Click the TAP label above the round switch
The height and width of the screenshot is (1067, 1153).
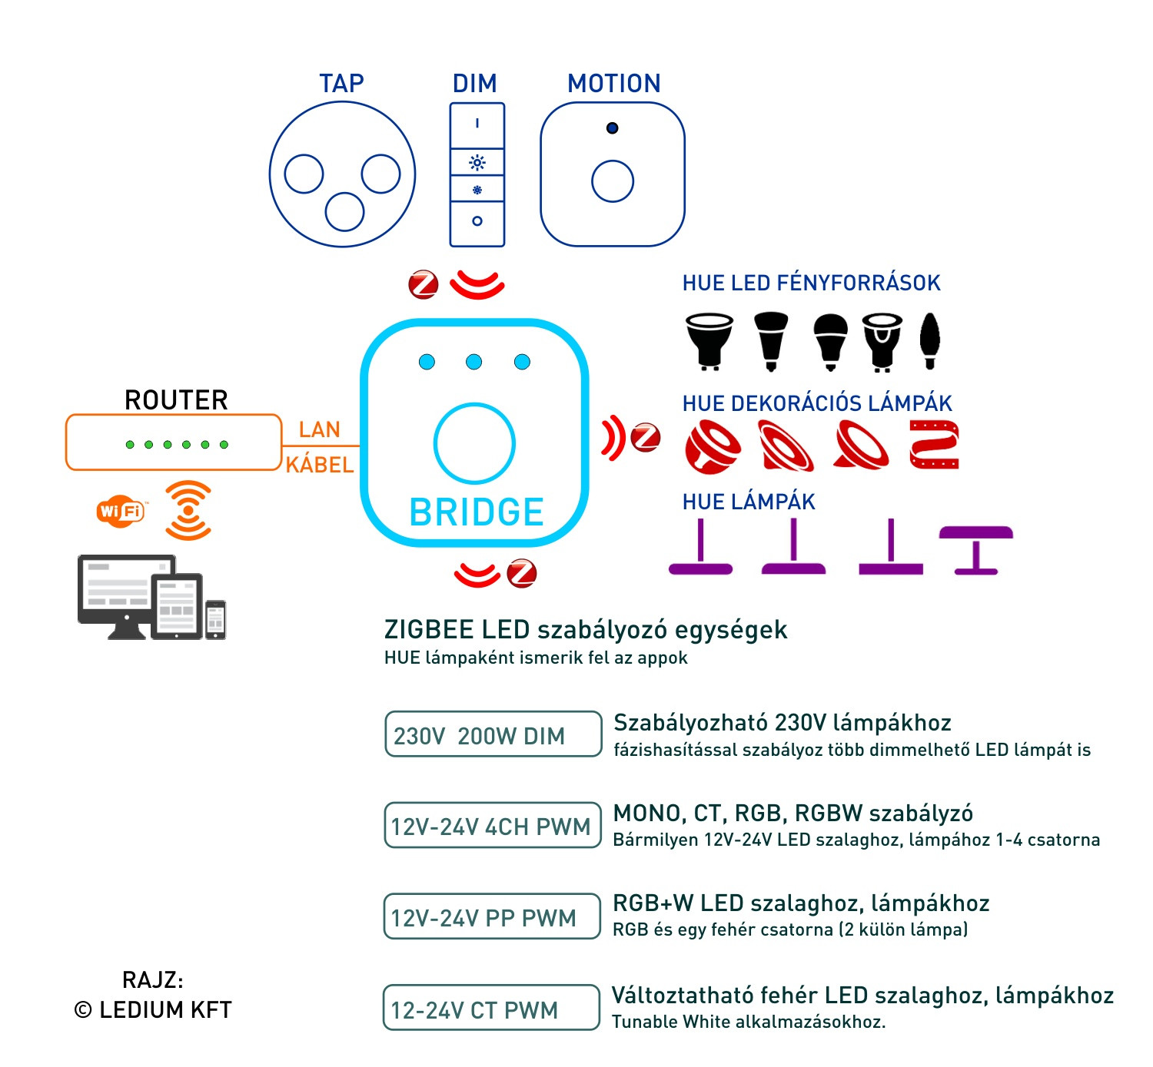tap(341, 83)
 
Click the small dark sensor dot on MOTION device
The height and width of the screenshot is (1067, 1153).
tap(612, 128)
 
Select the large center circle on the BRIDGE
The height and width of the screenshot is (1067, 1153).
tap(474, 443)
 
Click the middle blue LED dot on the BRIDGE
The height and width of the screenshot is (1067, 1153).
tap(474, 362)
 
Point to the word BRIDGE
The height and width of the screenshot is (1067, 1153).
tap(477, 512)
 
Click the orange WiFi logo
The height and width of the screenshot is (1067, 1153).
tap(121, 511)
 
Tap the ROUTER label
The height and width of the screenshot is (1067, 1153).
tap(176, 400)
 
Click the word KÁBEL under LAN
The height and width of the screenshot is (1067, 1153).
tap(319, 465)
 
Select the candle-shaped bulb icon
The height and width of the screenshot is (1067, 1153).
tap(930, 340)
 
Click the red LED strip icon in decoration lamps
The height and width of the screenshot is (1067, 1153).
tap(934, 444)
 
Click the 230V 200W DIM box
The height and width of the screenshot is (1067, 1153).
tap(493, 734)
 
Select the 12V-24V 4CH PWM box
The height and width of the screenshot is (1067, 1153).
tap(492, 826)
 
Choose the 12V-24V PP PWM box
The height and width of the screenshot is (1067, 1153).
tap(492, 916)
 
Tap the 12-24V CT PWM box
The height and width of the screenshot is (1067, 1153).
tap(491, 1008)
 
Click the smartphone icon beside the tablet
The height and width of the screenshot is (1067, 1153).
tap(216, 619)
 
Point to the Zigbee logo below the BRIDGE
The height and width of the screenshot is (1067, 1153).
tap(522, 573)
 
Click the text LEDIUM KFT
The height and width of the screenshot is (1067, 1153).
tap(165, 1009)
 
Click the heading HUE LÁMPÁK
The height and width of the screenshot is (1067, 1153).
tap(748, 502)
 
